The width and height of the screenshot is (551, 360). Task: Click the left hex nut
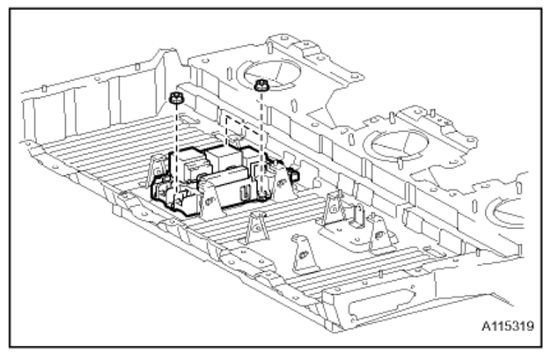click(174, 99)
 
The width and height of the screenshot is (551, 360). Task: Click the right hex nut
click(261, 85)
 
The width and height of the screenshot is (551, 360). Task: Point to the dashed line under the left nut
click(174, 145)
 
